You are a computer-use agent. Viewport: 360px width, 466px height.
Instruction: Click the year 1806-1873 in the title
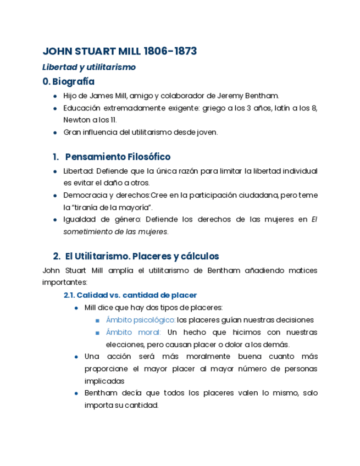point(170,52)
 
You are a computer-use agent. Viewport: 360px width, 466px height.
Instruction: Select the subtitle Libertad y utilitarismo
point(89,67)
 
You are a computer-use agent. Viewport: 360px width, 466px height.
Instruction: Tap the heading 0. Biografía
point(69,82)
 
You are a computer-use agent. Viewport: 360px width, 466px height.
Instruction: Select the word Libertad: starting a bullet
point(78,171)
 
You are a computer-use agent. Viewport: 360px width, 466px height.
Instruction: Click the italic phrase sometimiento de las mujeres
point(115,231)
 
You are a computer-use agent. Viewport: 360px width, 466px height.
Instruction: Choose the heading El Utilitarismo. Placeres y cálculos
point(142,256)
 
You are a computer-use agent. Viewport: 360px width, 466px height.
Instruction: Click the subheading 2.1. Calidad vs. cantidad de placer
point(130,295)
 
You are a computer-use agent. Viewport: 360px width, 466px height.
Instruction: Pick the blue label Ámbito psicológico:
point(141,320)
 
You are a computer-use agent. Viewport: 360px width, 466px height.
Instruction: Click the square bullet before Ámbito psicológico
point(97,320)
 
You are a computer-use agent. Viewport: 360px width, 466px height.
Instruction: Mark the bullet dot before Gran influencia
point(55,132)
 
